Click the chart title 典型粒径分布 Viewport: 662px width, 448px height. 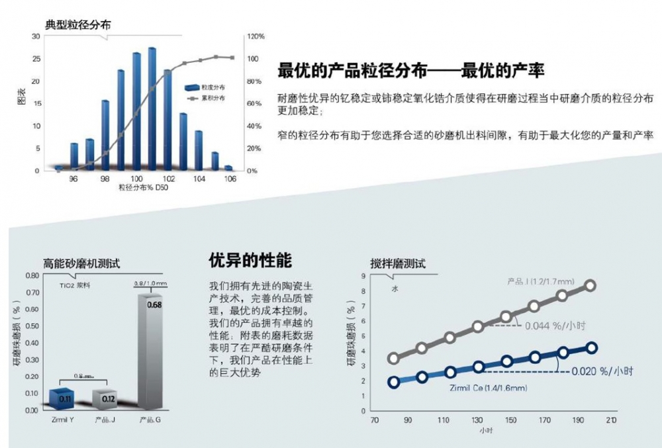(x=77, y=24)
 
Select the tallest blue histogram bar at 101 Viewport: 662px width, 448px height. (x=152, y=109)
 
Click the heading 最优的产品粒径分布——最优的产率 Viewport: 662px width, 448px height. (x=411, y=71)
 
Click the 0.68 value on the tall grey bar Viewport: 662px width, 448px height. (x=154, y=305)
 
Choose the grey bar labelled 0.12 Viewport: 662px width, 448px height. (x=103, y=399)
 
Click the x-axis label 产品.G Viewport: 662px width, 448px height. (x=151, y=420)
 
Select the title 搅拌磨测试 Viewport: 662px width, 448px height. (x=397, y=263)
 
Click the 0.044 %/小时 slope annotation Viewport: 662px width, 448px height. (x=556, y=325)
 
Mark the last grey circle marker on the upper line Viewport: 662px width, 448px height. (x=590, y=285)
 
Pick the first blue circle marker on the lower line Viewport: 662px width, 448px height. (x=393, y=382)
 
